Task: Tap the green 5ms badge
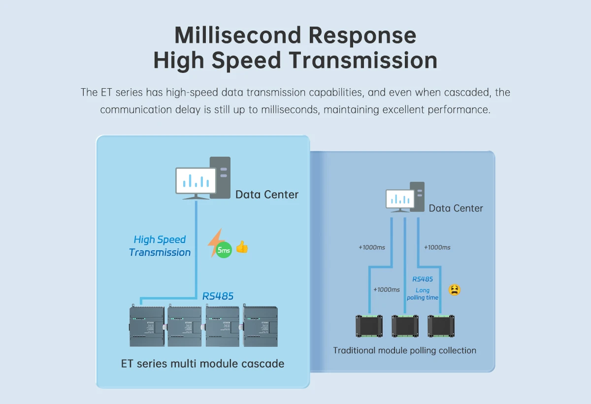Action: (224, 251)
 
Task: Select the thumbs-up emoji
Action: (242, 247)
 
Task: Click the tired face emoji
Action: (454, 290)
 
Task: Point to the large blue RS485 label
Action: (218, 296)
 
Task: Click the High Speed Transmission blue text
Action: (160, 246)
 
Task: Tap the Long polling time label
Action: (423, 294)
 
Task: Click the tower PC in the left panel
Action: (220, 177)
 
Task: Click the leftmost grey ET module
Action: (147, 326)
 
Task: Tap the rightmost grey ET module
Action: (261, 326)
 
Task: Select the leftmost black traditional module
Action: (369, 326)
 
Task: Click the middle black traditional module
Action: (405, 326)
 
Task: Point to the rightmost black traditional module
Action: (441, 326)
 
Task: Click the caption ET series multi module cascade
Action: (202, 364)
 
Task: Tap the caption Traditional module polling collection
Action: (404, 351)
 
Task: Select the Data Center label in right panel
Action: (456, 208)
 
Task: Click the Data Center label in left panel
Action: (266, 195)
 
